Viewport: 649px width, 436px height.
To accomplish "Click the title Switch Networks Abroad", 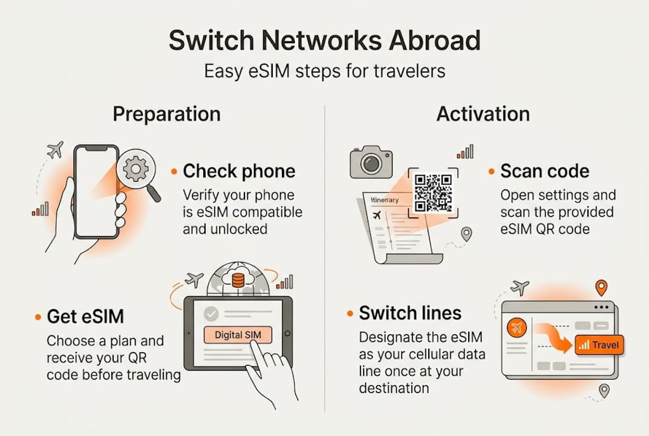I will click(324, 41).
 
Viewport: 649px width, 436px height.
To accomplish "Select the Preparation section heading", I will click(166, 114).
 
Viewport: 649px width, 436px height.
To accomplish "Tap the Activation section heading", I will click(483, 114).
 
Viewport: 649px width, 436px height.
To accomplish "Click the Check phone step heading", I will click(239, 171).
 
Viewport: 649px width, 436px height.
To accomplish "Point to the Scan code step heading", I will click(544, 171).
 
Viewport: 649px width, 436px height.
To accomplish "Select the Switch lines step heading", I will click(409, 313).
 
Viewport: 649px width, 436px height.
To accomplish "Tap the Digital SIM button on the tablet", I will click(238, 335).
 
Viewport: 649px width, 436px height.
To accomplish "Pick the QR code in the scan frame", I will click(433, 193).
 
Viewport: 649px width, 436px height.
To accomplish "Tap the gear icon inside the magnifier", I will click(135, 169).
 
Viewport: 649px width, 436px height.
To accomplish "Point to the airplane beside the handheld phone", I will click(55, 150).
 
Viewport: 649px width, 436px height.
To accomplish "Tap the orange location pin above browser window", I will click(601, 287).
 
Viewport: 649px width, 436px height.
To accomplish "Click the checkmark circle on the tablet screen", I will click(211, 314).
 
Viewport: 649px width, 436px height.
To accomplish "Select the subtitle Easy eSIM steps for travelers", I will click(324, 71).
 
